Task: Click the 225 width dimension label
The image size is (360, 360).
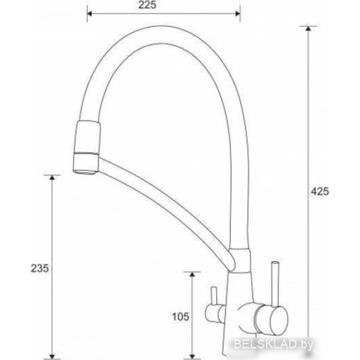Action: pyautogui.click(x=147, y=5)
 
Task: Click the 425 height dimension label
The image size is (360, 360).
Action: pyautogui.click(x=320, y=191)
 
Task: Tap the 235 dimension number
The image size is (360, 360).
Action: pyautogui.click(x=40, y=268)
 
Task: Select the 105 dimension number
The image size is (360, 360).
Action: pyautogui.click(x=181, y=317)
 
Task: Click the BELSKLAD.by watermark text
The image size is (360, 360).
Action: pyautogui.click(x=274, y=344)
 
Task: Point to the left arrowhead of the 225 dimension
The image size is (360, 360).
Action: pyautogui.click(x=89, y=14)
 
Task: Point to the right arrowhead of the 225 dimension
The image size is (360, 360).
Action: pyautogui.click(x=238, y=14)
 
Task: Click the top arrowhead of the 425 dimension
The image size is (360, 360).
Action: pyautogui.click(x=308, y=28)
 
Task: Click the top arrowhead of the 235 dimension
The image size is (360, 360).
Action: pyautogui.click(x=52, y=177)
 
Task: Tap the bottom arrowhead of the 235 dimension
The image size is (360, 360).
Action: pyautogui.click(x=52, y=356)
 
